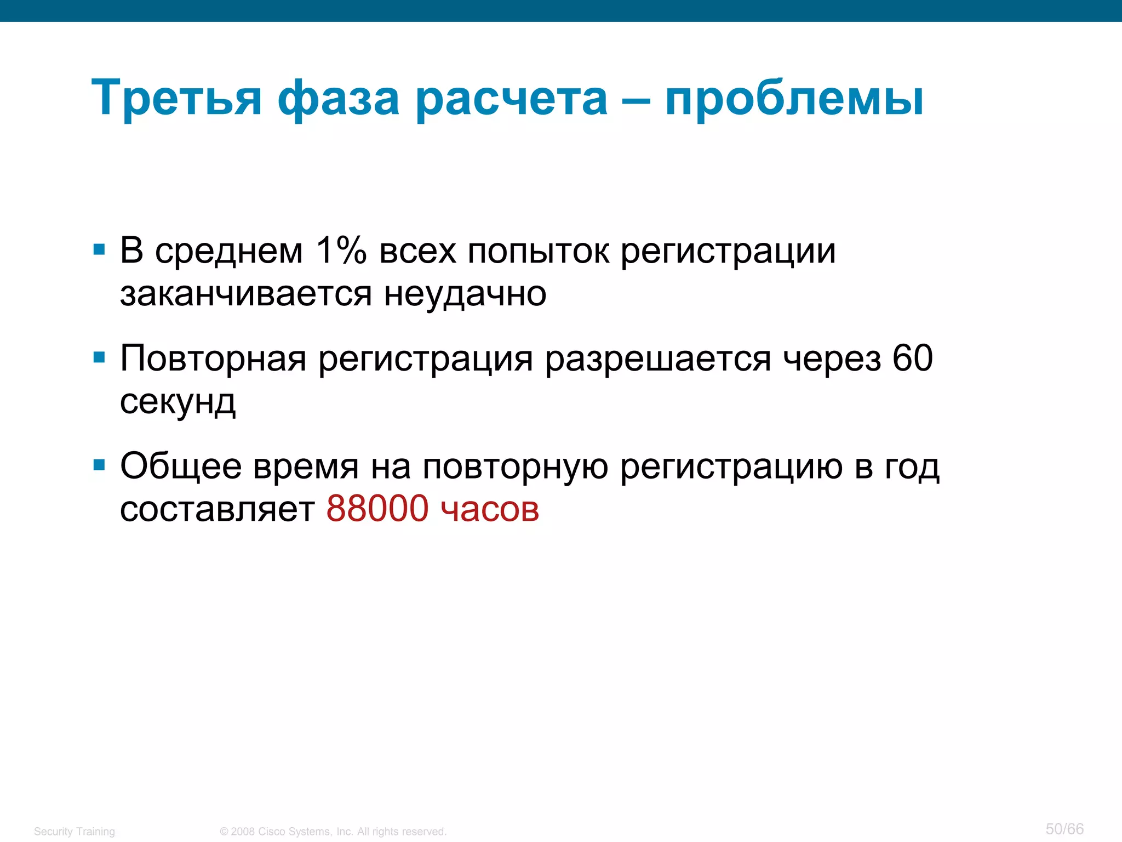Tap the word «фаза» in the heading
[338, 99]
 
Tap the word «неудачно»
[465, 294]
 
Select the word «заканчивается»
[245, 294]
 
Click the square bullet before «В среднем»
[99, 250]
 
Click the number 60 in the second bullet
[912, 359]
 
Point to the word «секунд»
[178, 402]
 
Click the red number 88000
[377, 509]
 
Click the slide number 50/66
[1064, 829]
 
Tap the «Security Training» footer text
[75, 832]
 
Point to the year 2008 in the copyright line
[243, 832]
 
